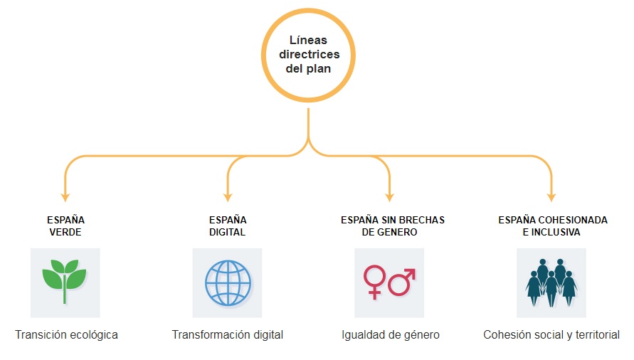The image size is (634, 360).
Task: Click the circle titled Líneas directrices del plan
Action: coord(309,54)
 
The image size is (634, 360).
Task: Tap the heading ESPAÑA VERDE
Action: coord(65,226)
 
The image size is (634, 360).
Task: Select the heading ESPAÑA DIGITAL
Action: coord(228,226)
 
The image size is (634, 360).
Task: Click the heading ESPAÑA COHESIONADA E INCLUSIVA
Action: coord(552,226)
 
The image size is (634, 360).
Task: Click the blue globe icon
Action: coord(227,282)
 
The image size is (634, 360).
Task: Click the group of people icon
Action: coord(551,282)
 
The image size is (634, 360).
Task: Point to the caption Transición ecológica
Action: coord(66,334)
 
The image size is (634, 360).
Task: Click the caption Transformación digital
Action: coord(228,334)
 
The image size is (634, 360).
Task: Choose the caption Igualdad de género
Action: coord(390,334)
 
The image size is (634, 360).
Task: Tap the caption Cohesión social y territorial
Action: coord(551,334)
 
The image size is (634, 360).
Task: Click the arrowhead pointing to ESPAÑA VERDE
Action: coord(65,196)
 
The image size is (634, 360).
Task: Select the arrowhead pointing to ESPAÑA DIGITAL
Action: coord(228,196)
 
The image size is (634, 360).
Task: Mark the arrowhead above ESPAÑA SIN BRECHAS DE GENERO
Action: coord(390,196)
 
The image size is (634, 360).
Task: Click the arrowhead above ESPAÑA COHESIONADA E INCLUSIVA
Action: coord(552,196)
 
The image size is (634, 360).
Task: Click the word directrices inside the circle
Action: coord(309,55)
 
